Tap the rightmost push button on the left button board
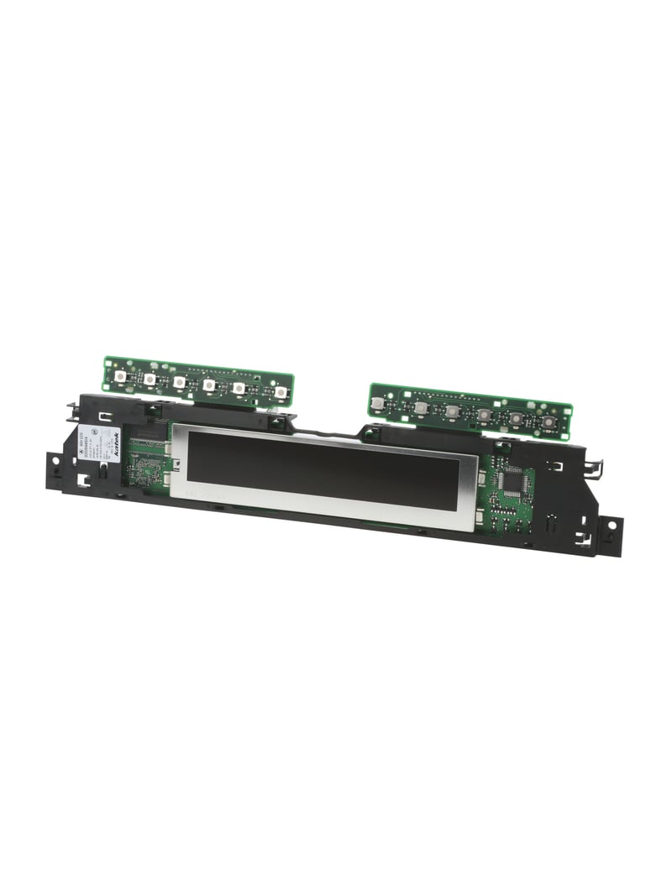click(279, 391)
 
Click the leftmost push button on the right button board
click(379, 404)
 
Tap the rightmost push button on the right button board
click(548, 421)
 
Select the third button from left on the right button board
click(452, 411)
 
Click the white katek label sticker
click(99, 442)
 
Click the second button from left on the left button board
click(150, 379)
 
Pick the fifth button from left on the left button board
click(239, 388)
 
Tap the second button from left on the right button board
click(419, 408)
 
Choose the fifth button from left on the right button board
click(516, 418)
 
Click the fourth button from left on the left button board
click(208, 385)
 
